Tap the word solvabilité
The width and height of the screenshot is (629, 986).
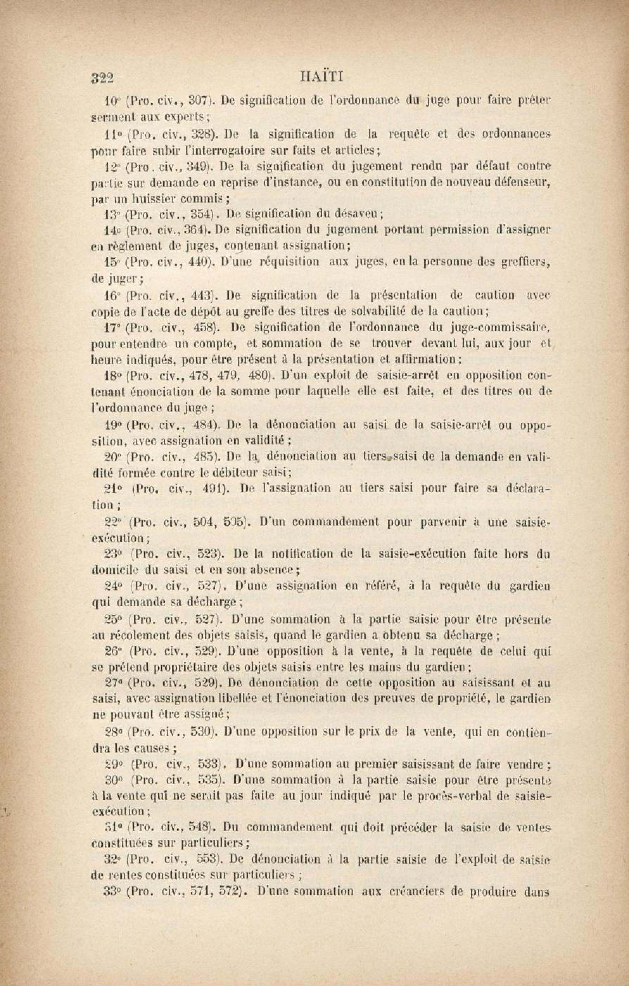pyautogui.click(x=376, y=311)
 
